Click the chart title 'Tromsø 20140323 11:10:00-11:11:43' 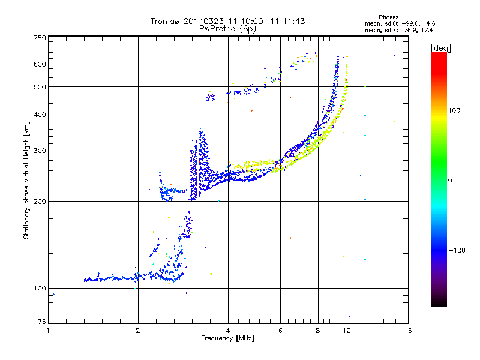227,21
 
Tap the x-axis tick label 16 407,331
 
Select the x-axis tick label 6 280,331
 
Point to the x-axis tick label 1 48,331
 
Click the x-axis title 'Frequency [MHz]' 227,338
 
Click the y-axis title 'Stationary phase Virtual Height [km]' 26,180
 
